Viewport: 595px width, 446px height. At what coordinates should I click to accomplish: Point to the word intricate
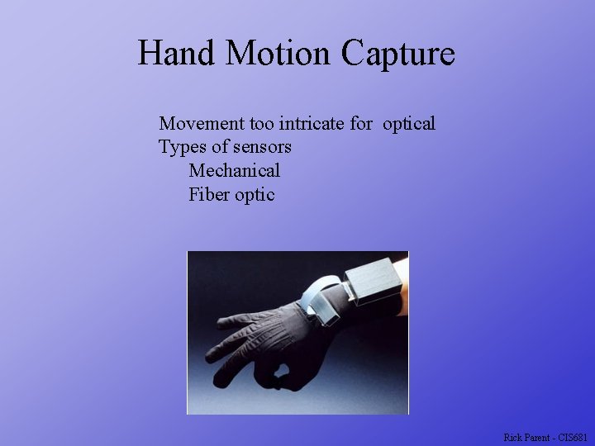[312, 124]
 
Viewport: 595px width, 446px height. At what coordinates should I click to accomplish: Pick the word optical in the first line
[408, 125]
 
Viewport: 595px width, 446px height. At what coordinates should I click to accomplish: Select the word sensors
[262, 148]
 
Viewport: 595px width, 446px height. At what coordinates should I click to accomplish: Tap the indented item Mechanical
[234, 171]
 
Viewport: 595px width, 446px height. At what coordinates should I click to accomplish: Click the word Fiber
[208, 195]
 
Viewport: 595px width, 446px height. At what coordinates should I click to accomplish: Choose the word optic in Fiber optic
[255, 196]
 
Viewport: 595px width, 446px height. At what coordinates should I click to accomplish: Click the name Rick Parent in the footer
[526, 437]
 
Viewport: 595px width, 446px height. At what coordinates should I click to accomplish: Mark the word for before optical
[361, 124]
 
